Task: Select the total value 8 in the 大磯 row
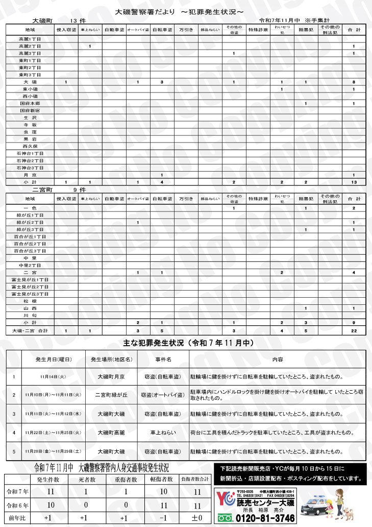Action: tap(353, 82)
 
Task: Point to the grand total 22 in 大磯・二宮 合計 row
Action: tap(353, 331)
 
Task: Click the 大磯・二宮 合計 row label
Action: tap(30, 331)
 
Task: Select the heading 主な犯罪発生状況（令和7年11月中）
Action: tap(186, 343)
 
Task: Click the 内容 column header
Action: tap(277, 359)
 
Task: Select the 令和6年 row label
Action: tap(17, 506)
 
